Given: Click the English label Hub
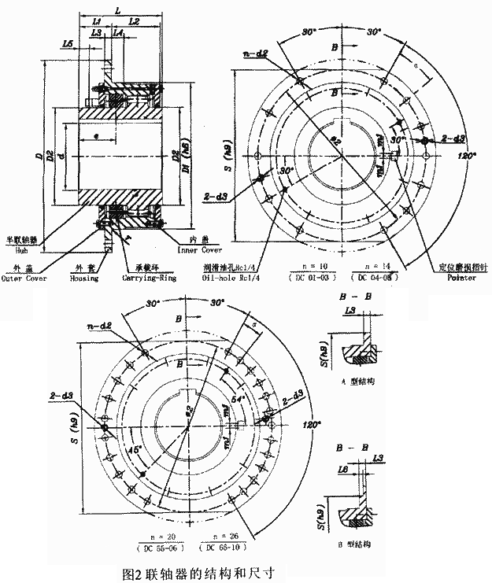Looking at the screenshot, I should click(x=21, y=246).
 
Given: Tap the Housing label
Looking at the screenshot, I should click(x=86, y=278).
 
